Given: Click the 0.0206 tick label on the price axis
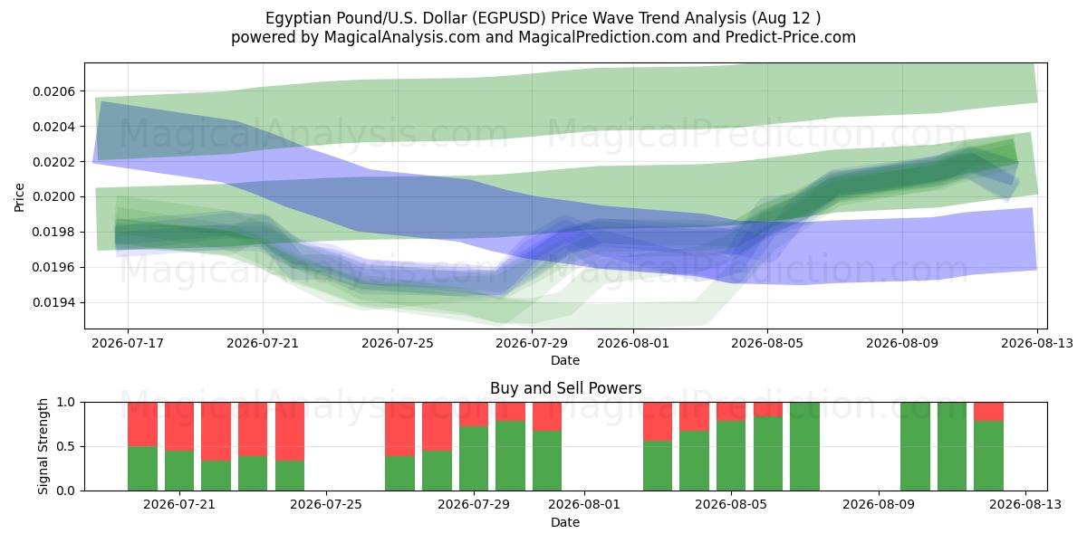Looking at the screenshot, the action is click(x=53, y=91).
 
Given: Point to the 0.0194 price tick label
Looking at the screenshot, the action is click(x=53, y=303).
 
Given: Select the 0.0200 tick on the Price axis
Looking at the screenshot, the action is click(x=53, y=197).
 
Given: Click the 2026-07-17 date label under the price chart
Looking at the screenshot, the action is click(x=128, y=343).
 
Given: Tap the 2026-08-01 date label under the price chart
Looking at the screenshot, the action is click(x=633, y=343).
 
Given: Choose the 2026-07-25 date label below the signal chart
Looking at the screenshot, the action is click(x=326, y=505).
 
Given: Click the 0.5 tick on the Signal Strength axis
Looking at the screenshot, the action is click(x=66, y=446).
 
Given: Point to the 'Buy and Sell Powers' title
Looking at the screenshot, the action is click(x=566, y=388).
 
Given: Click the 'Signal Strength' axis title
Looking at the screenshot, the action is click(x=43, y=446).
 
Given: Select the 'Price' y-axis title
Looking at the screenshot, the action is click(x=19, y=197).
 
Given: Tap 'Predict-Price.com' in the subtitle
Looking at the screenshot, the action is click(x=791, y=37).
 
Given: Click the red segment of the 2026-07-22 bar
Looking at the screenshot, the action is click(x=216, y=432).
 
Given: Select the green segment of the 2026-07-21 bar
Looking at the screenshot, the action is click(x=179, y=471).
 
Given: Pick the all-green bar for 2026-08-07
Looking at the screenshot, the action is click(x=804, y=446).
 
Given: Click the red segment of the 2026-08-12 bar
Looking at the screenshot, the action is click(x=988, y=412).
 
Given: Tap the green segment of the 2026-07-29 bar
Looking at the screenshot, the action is click(x=474, y=459).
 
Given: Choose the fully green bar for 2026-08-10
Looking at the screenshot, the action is click(x=915, y=446).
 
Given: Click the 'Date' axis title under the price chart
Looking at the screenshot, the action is click(x=565, y=361).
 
